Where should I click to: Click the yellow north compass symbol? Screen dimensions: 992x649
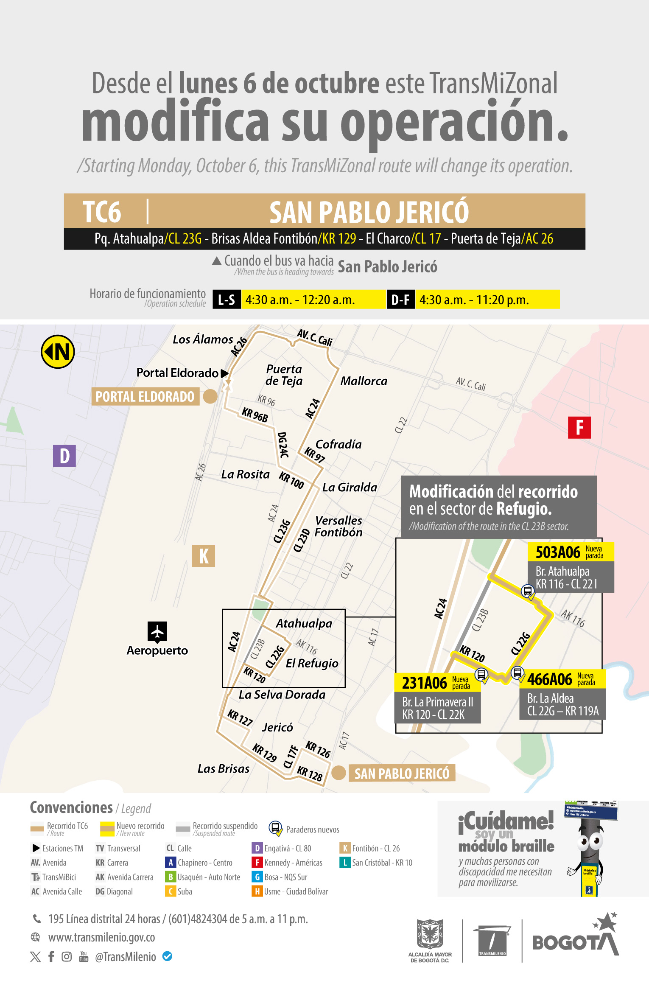click(58, 352)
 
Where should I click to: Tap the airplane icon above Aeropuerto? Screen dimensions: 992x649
click(157, 632)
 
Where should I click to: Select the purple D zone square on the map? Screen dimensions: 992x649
click(64, 456)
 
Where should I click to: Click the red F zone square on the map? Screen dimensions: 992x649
click(579, 427)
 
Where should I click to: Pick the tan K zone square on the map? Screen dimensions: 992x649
click(204, 556)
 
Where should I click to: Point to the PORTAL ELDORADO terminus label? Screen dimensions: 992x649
click(145, 397)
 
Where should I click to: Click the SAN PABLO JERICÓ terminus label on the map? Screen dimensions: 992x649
click(402, 773)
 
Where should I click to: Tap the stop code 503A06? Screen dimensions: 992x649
click(557, 552)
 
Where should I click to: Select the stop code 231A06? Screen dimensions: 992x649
click(424, 683)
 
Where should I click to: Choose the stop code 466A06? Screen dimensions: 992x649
click(549, 679)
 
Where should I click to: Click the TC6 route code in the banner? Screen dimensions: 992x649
click(102, 212)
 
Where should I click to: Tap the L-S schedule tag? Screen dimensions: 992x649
click(227, 300)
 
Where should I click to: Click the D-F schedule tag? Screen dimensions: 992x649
click(400, 300)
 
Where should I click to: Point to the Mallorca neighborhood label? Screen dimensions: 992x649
click(364, 381)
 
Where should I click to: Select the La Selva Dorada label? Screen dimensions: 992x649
click(282, 695)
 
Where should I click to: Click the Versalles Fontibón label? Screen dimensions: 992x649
click(338, 527)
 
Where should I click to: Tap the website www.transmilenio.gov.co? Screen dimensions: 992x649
click(101, 937)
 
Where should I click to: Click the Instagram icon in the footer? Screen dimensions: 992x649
click(67, 957)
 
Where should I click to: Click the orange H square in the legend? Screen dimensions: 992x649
click(257, 891)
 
